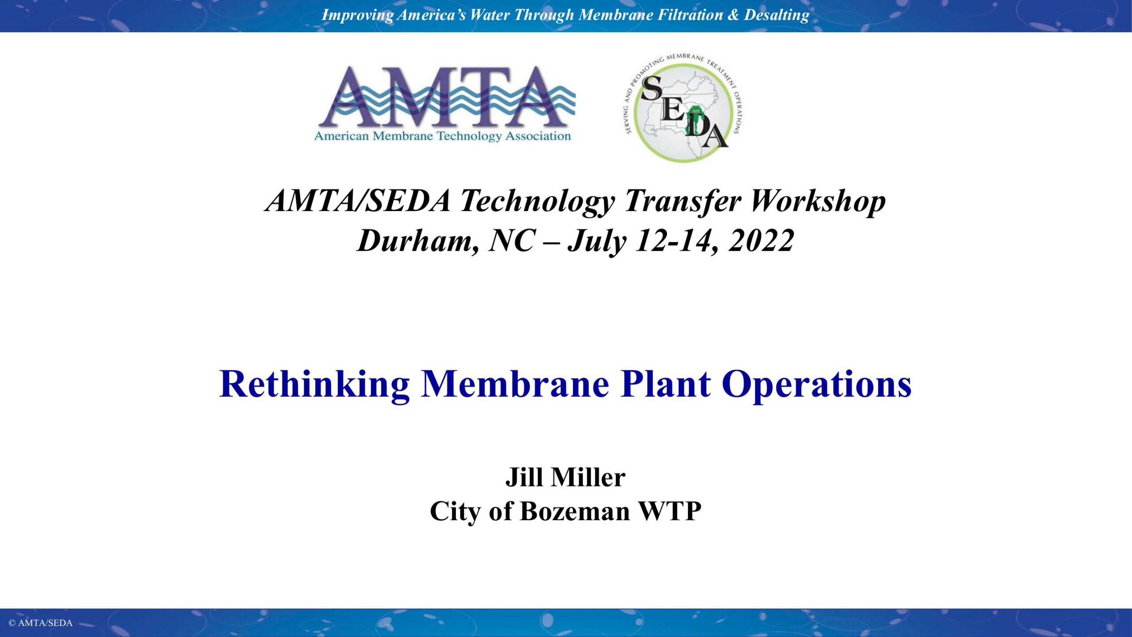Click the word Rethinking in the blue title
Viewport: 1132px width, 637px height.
[x=314, y=384]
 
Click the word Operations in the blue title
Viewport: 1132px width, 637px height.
[x=817, y=385]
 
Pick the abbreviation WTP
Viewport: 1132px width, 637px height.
[x=670, y=511]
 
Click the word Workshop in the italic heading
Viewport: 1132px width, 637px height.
[x=818, y=202]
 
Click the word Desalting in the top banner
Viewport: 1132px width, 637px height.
[x=776, y=15]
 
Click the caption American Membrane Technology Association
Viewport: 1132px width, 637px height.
[x=443, y=136]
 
